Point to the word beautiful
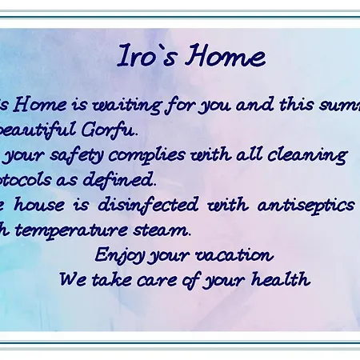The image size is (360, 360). click(39, 129)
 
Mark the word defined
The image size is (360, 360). click(132, 178)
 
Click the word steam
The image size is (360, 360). click(165, 230)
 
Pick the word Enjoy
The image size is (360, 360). click(115, 255)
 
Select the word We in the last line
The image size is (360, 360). click(71, 280)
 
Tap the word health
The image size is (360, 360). click(282, 280)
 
